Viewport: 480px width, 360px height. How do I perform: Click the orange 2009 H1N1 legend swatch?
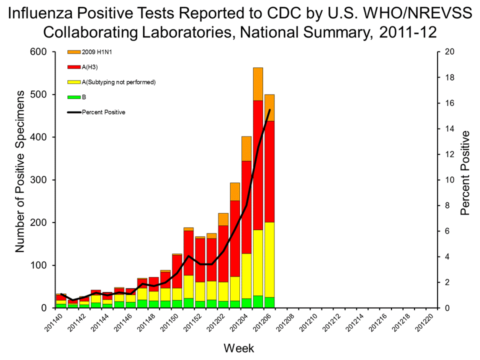73,52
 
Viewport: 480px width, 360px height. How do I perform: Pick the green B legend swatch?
73,97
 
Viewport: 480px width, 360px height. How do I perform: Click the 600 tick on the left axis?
39,52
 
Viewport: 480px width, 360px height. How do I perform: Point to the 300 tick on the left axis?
39,179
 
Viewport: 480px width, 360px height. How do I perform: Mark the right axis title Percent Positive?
465,173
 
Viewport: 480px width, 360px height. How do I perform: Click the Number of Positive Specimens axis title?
20,171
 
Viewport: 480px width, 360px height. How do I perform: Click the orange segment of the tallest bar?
258,84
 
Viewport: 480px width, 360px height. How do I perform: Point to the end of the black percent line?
269,109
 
